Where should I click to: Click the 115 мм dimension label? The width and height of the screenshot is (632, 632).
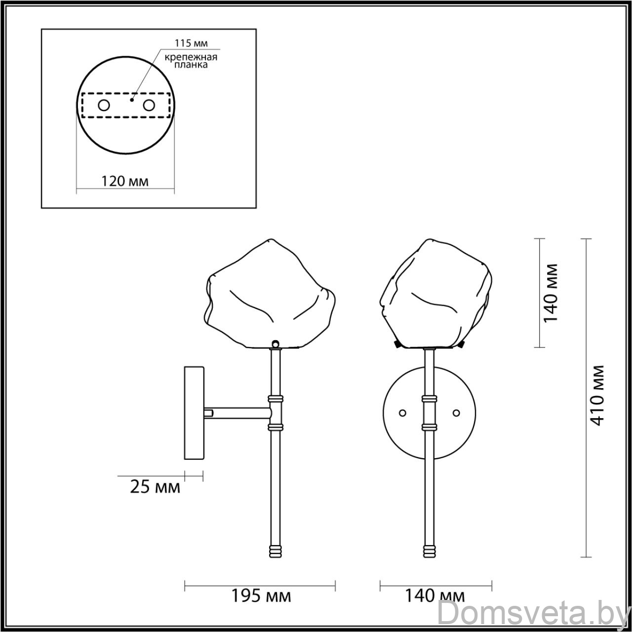[x=191, y=43]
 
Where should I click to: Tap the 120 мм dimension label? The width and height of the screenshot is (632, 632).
[x=124, y=181]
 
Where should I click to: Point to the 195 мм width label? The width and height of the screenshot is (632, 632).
[x=261, y=595]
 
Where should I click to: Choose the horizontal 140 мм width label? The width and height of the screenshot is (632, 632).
[x=435, y=595]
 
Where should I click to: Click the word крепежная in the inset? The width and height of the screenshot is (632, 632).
[x=191, y=57]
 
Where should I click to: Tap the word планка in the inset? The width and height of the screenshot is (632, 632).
[x=191, y=65]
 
